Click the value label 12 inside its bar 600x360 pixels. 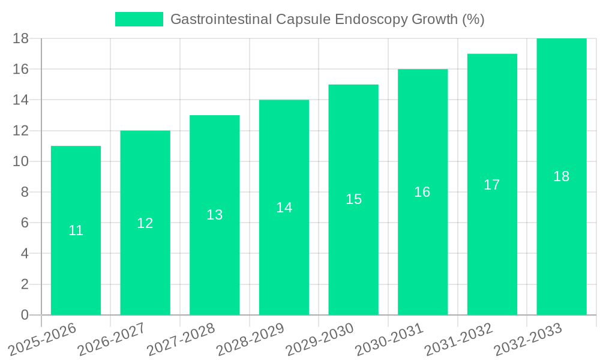click(x=145, y=223)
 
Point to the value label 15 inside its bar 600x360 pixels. click(x=353, y=199)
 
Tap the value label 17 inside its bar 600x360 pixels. click(x=492, y=185)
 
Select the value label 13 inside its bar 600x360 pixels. click(x=215, y=215)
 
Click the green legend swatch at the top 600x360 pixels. click(x=139, y=19)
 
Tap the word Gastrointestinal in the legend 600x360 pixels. click(x=221, y=19)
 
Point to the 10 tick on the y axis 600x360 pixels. click(x=20, y=161)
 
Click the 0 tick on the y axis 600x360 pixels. click(x=25, y=315)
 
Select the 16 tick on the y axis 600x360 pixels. click(x=20, y=70)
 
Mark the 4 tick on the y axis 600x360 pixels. click(x=25, y=254)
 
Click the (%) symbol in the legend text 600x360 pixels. click(x=473, y=19)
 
